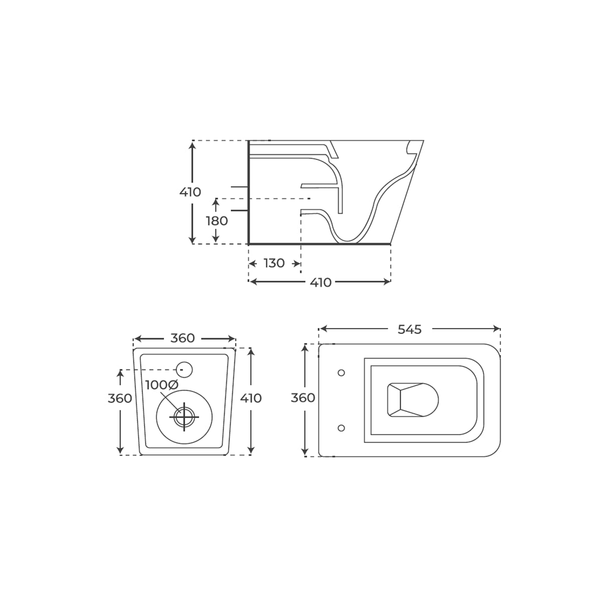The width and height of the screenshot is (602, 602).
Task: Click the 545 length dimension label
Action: point(409,329)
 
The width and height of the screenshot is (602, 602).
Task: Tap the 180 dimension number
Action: point(217,221)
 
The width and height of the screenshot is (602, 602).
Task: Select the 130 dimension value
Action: point(274,263)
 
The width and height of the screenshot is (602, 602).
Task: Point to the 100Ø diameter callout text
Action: point(162,385)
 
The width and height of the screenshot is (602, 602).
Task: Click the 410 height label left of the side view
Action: point(190,192)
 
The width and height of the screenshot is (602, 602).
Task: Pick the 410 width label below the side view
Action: point(320,282)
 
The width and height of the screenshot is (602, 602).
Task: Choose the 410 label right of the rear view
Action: point(251,398)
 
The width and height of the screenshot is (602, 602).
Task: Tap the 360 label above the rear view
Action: point(182,338)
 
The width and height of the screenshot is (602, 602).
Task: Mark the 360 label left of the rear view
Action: point(120,398)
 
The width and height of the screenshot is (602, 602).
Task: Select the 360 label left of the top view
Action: point(303,398)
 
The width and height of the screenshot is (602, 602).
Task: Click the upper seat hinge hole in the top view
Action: point(342,372)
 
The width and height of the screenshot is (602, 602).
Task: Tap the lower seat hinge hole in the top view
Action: point(342,428)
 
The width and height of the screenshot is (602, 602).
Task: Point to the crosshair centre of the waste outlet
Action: point(184,416)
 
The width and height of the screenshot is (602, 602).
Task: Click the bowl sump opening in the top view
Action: point(412,400)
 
